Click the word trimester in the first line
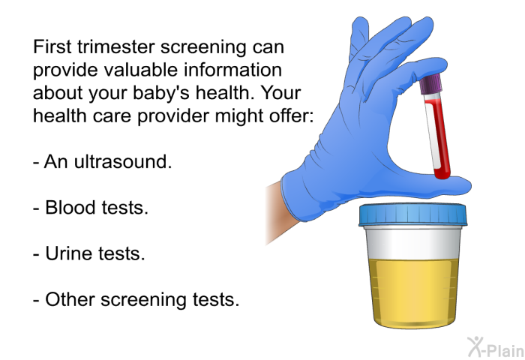click(x=116, y=47)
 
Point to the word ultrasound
click(x=122, y=161)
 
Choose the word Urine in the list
click(x=69, y=253)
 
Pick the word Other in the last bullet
click(x=70, y=299)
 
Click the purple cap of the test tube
click(x=431, y=83)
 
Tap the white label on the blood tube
click(x=431, y=136)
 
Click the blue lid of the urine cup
click(x=412, y=214)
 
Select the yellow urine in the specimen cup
click(x=413, y=292)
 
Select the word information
click(x=232, y=70)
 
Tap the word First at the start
click(x=52, y=47)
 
